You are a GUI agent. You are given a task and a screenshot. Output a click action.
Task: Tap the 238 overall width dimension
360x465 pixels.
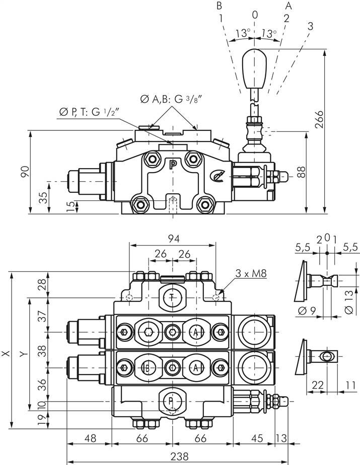pos(180,456)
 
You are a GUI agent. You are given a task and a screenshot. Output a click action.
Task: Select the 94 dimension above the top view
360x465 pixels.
pos(174,239)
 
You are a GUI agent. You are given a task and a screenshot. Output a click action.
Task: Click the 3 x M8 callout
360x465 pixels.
pos(251,273)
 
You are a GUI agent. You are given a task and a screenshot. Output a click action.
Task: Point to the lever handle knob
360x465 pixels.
pos(254,68)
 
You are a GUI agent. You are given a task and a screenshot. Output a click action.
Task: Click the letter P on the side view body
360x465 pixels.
pos(172,165)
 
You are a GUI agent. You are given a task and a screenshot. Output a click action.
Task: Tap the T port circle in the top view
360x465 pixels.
pos(172,297)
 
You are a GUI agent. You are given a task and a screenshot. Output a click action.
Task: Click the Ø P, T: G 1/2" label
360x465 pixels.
pos(89,112)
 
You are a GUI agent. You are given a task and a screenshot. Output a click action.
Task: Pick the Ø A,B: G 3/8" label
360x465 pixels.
pos(171,99)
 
